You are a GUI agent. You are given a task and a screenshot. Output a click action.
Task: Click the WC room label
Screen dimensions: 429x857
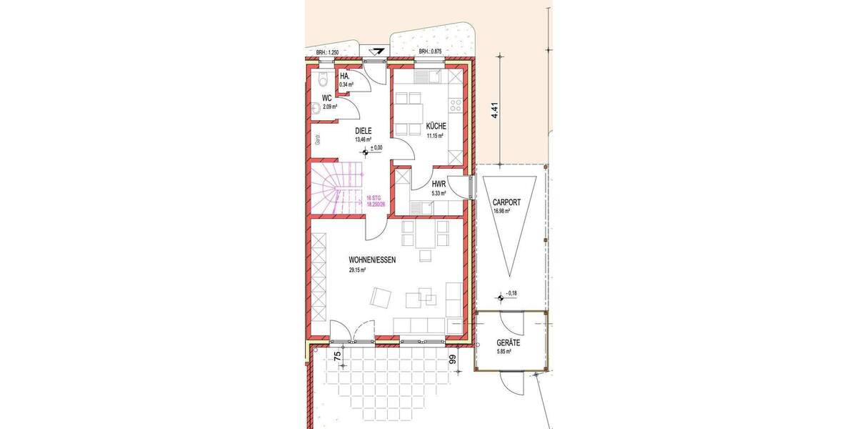326,98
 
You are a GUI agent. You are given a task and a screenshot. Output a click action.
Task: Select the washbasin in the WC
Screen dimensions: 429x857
316,109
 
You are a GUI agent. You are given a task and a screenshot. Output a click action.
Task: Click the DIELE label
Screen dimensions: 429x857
365,132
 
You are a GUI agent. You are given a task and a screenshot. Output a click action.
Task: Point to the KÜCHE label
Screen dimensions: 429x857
436,126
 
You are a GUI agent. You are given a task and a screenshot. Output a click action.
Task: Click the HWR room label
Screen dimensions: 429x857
438,184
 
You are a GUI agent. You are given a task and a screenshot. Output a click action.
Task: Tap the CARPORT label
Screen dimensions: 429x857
507,202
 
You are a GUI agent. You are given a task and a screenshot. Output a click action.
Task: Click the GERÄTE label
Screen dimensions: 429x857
508,343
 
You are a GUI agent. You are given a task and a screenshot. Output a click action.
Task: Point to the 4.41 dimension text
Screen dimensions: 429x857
493,111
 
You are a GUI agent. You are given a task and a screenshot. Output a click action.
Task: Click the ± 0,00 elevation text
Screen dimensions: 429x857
376,147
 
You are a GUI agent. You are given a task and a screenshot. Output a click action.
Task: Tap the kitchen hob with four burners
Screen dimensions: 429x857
454,107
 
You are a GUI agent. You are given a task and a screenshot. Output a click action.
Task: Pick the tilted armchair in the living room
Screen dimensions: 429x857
381,297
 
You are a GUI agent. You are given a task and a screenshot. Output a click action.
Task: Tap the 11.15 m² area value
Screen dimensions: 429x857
436,134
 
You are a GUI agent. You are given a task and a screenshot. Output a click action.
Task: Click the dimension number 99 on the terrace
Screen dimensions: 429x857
452,360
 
